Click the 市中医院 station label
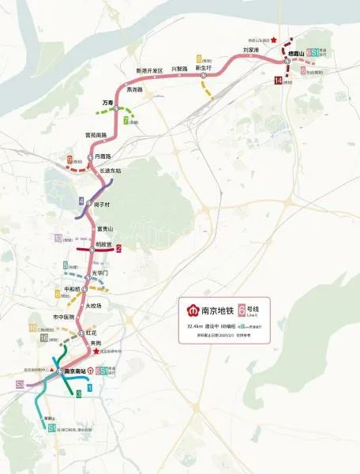pyautogui.click(x=63, y=317)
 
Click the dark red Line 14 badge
pyautogui.click(x=279, y=81)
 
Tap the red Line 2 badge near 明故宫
pyautogui.click(x=118, y=249)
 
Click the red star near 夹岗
pyautogui.click(x=96, y=352)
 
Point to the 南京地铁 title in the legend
pyautogui.click(x=212, y=309)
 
